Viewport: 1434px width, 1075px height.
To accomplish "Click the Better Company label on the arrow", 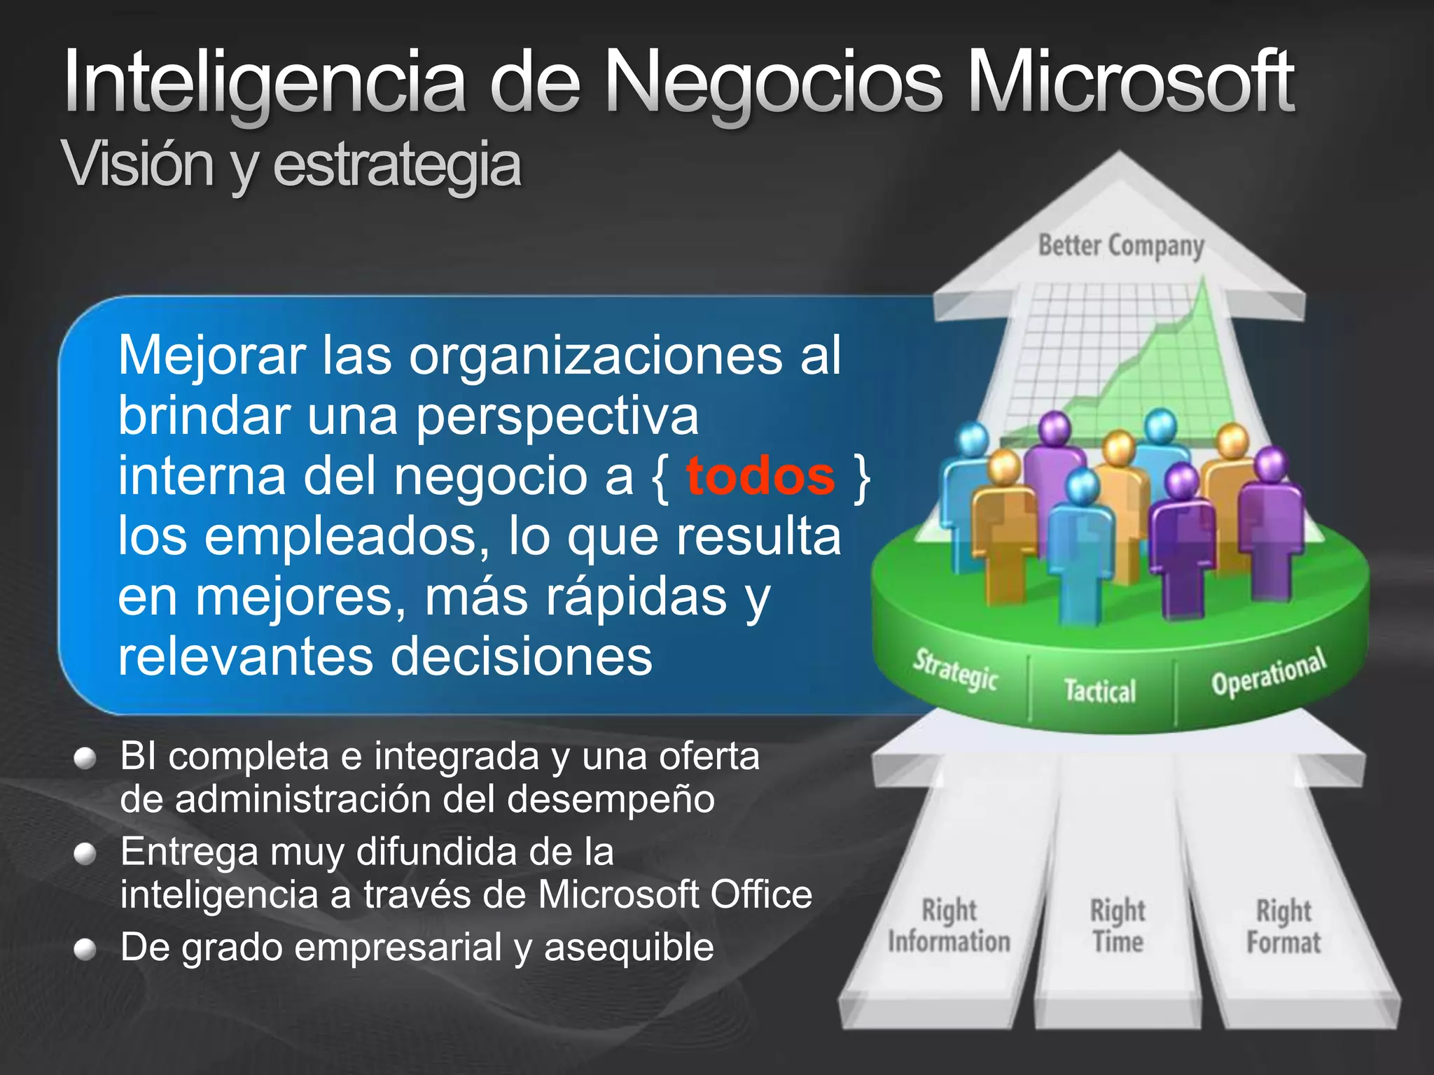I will (1120, 246).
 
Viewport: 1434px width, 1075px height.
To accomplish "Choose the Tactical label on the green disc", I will (1100, 691).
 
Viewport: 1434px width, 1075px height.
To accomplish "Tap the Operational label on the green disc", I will (1269, 673).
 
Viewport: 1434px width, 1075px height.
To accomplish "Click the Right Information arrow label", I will (949, 926).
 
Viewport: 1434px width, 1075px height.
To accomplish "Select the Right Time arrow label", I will (1118, 926).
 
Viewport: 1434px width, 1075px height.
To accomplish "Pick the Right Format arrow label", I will (1283, 927).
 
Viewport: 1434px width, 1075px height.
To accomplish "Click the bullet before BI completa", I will (85, 759).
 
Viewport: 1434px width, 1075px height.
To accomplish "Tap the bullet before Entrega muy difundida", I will (85, 854).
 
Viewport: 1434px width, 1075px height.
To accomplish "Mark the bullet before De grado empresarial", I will (85, 949).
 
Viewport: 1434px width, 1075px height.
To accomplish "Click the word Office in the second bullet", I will (761, 894).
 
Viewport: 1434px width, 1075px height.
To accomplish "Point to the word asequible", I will (629, 948).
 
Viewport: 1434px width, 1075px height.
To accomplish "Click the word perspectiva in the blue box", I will (557, 416).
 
